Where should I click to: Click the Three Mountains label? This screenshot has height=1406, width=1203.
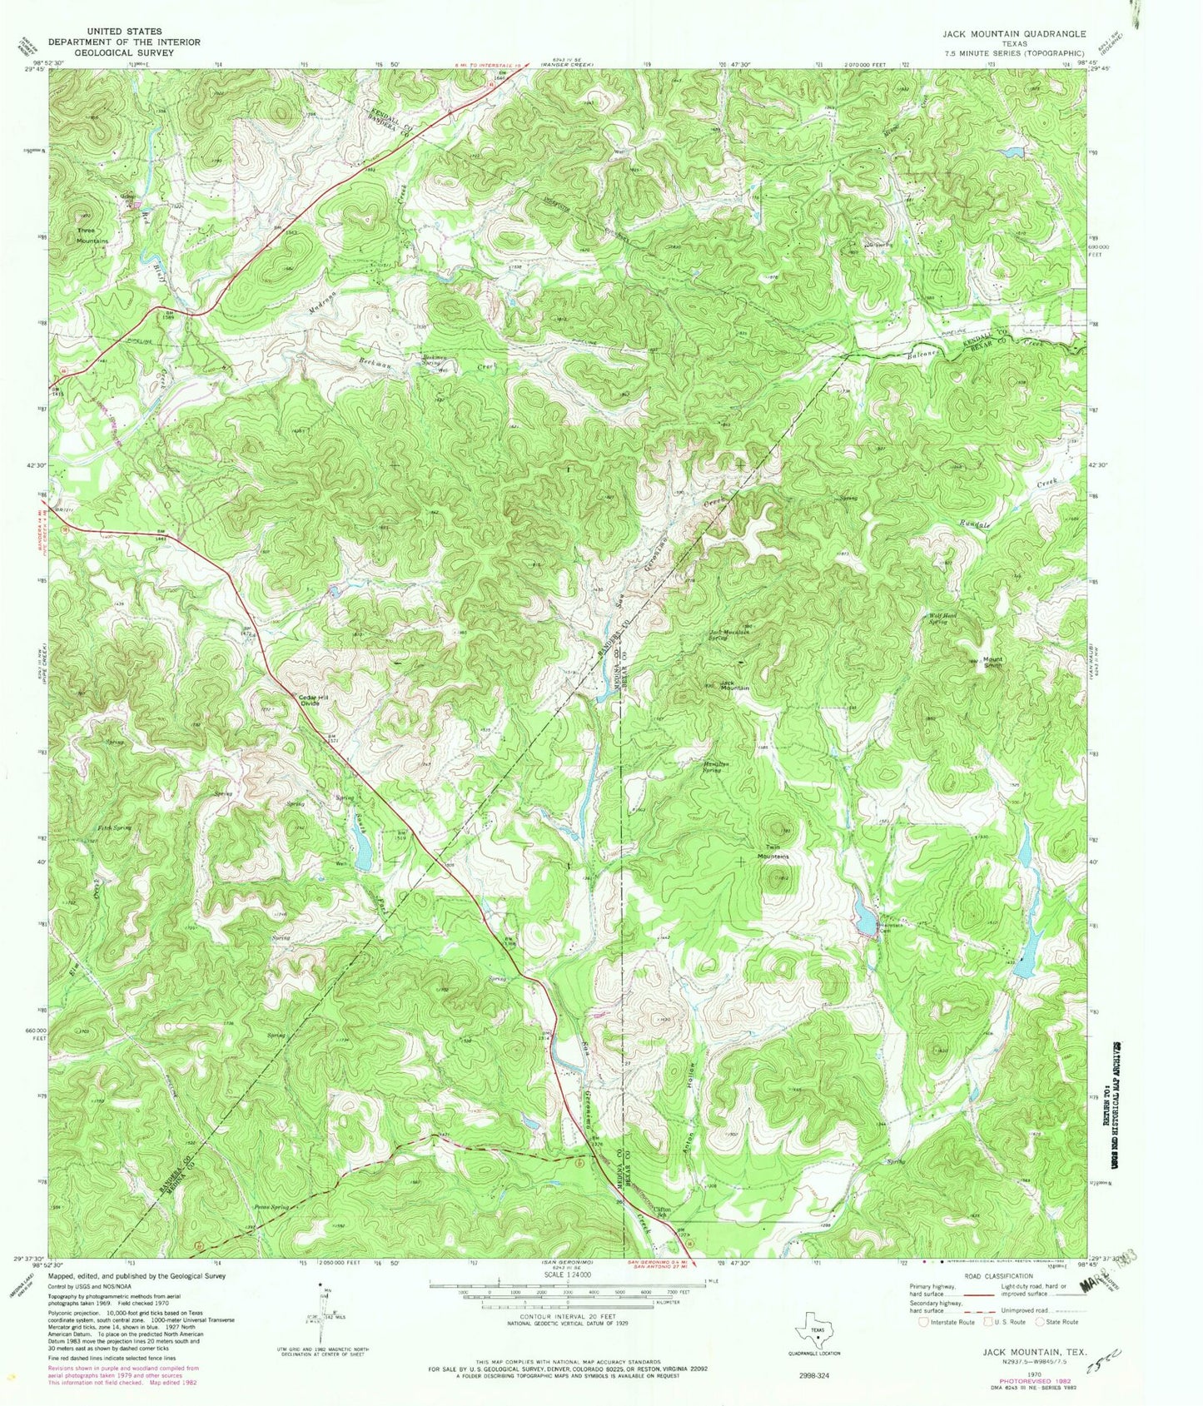point(92,236)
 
